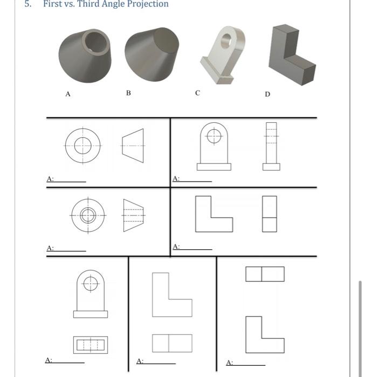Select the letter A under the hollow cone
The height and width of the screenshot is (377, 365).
(x=68, y=94)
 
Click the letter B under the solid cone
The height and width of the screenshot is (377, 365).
(x=128, y=93)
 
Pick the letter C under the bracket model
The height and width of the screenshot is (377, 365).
(x=198, y=93)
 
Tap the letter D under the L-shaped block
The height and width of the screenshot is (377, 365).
(x=267, y=94)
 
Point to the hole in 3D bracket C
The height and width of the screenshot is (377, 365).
(x=225, y=39)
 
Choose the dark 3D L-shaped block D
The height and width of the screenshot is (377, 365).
(x=292, y=53)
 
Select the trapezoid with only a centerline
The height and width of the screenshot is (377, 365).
(x=133, y=145)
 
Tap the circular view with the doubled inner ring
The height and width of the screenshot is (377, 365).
(x=87, y=215)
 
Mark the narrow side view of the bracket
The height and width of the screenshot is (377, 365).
(x=271, y=146)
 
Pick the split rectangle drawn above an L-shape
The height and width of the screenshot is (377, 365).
(x=264, y=274)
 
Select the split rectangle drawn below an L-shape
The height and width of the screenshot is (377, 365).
(x=172, y=343)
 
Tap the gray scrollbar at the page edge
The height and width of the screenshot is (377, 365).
(x=360, y=323)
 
